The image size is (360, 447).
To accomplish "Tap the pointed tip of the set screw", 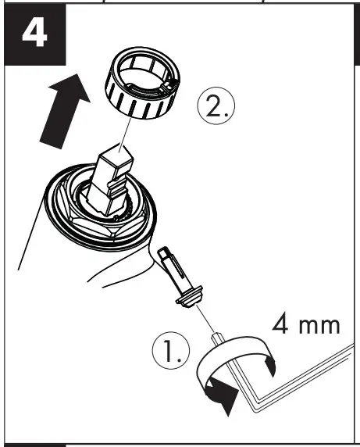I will (x=162, y=252).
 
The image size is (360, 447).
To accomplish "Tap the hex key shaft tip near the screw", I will (x=215, y=334).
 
